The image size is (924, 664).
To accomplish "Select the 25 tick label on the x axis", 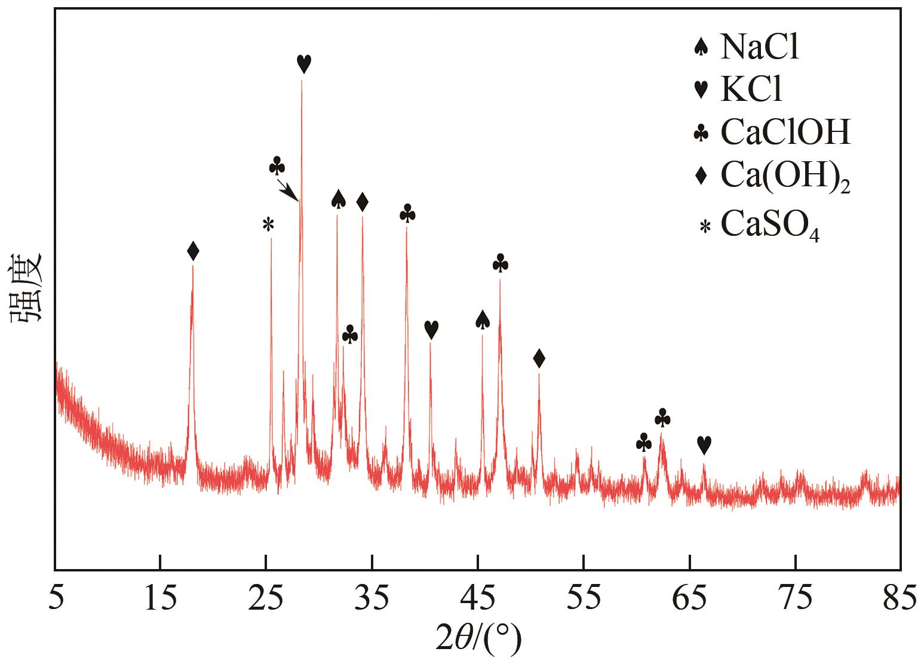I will point(266,600).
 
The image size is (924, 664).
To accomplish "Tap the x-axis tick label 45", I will point(478,600).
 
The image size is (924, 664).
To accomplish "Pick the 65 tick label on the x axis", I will point(690,600).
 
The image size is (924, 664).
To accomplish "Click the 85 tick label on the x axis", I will point(900,600).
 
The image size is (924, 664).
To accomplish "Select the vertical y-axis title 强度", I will point(26,288).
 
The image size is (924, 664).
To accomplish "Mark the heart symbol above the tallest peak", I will point(303,63).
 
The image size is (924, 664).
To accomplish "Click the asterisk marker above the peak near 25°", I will point(268,225).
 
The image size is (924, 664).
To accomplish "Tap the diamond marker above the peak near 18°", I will point(192,251).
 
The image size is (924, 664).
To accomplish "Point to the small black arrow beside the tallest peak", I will point(288,192).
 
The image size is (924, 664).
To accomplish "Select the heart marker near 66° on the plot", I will point(704,445).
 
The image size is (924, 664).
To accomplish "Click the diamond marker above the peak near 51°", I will point(539,359).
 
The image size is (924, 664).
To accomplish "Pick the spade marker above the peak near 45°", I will point(483,320).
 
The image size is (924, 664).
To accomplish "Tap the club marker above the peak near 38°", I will point(407,213).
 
